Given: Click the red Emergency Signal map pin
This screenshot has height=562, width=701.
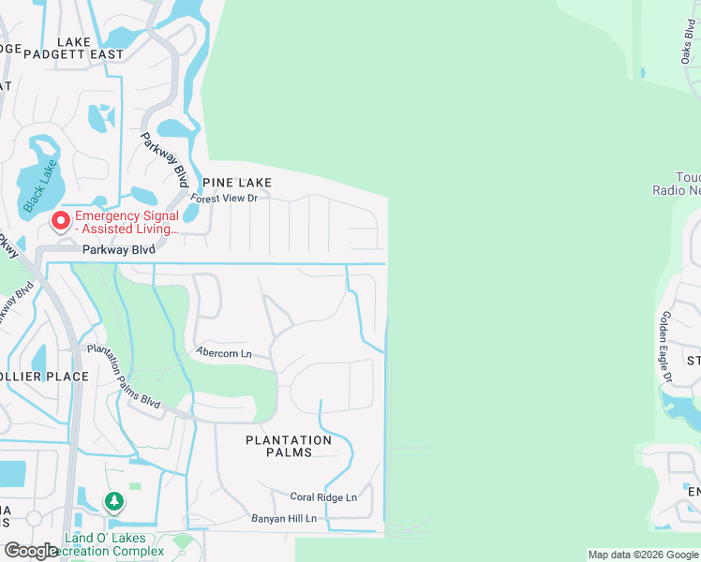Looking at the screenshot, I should tap(61, 221).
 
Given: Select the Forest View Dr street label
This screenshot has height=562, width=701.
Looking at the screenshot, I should tap(224, 199).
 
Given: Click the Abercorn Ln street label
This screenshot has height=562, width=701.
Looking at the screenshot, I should tap(224, 353).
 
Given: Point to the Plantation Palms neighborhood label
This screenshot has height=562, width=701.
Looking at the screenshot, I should tap(289, 446).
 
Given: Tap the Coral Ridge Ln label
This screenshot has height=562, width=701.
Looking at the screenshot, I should tap(323, 497).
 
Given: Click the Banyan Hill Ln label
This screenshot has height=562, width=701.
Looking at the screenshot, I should tap(284, 518).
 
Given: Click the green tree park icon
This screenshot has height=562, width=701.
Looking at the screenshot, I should tap(114, 502).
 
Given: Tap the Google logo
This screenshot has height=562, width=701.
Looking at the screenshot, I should tap(32, 551).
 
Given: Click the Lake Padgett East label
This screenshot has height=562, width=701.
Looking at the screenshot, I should tap(90, 48).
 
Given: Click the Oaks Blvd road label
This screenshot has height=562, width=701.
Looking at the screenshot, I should tap(688, 42).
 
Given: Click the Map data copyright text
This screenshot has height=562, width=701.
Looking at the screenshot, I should tap(643, 555).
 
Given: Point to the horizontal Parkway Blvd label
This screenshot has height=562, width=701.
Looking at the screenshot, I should tap(117, 250).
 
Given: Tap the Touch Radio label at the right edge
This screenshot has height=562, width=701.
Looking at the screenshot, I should tap(676, 184).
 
